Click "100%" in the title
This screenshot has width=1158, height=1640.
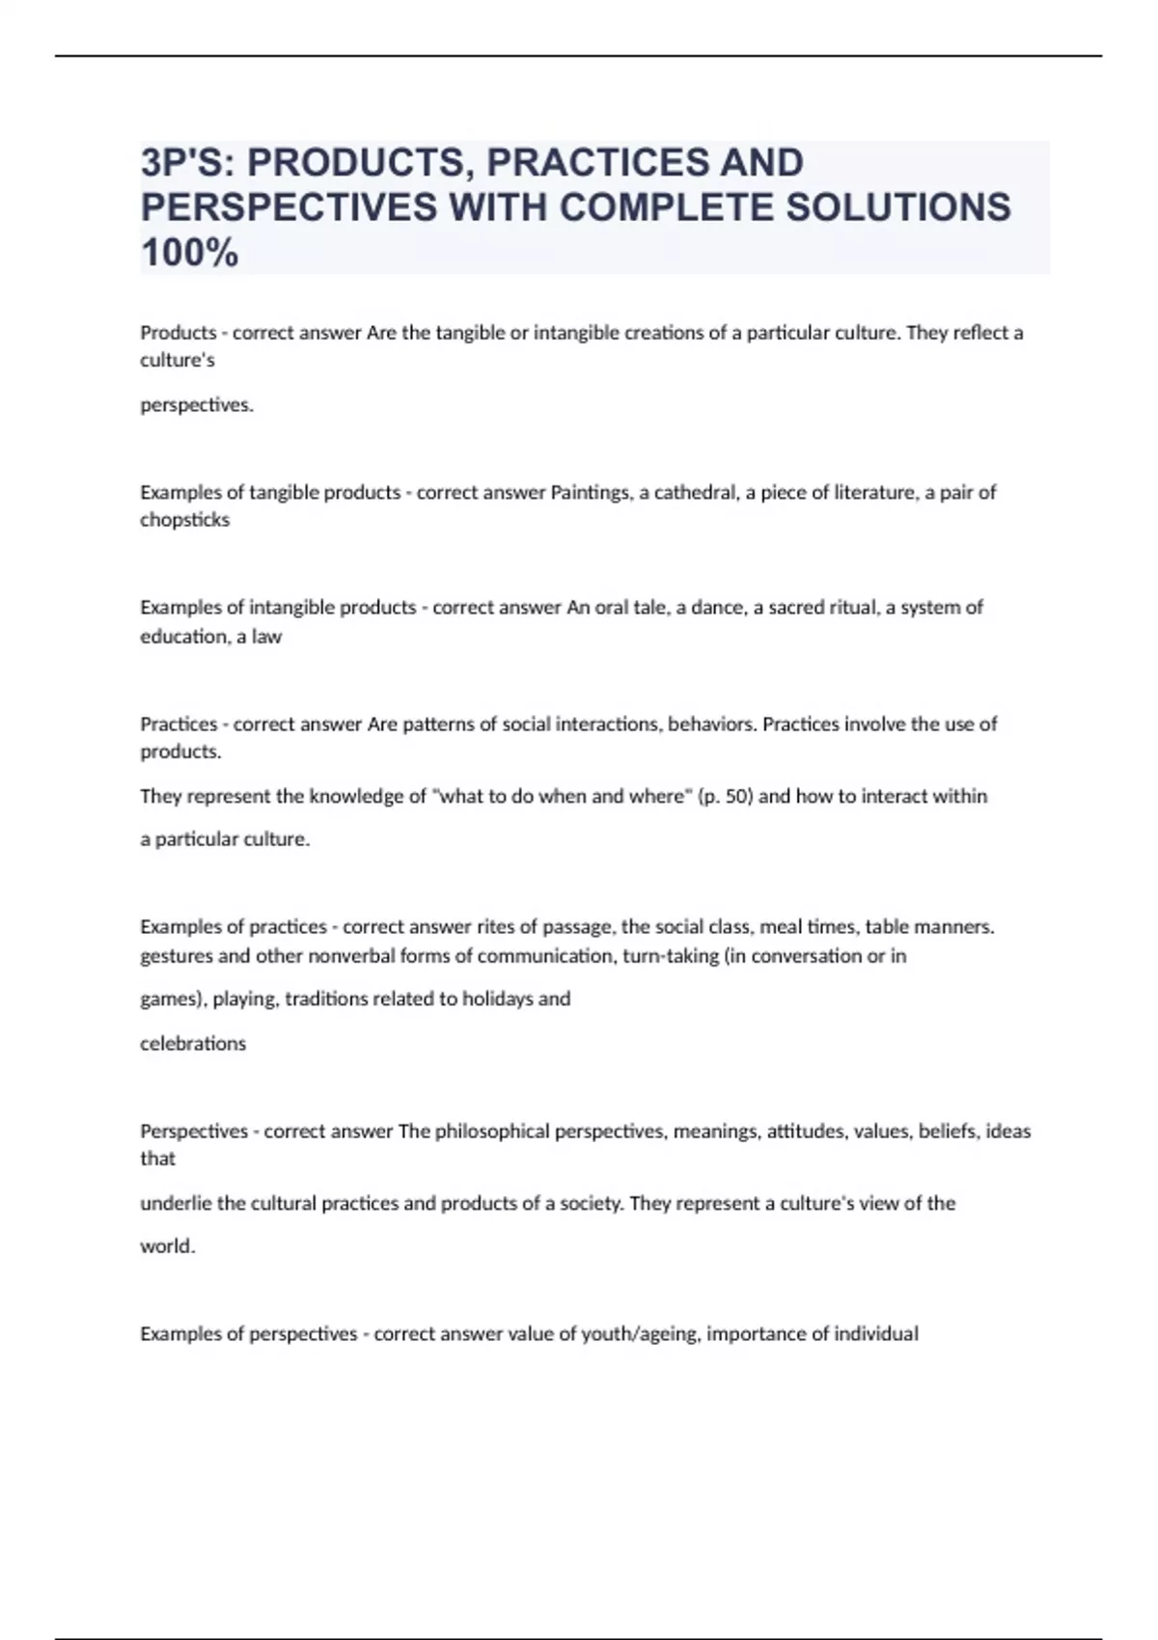pos(189,253)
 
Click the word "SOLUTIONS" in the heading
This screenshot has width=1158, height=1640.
pos(898,207)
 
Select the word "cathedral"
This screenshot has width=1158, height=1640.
pos(695,492)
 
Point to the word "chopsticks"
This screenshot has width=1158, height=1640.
pos(185,520)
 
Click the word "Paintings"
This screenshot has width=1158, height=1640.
pos(590,492)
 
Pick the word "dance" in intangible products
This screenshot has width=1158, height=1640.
pos(716,608)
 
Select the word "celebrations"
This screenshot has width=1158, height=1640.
pos(193,1044)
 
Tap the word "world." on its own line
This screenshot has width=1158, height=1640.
pos(168,1246)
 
